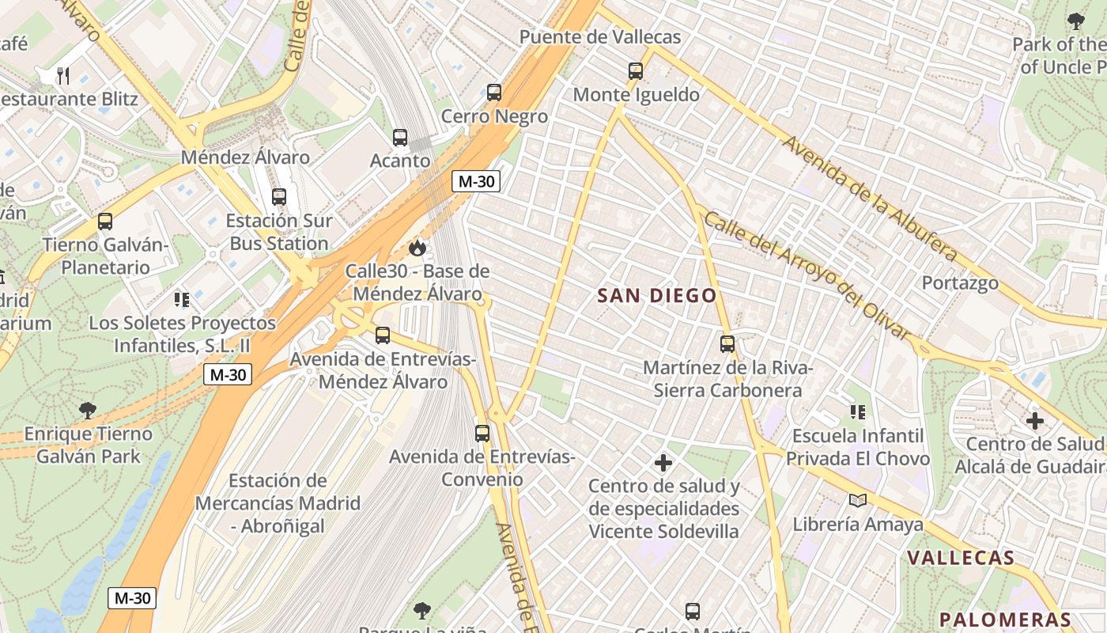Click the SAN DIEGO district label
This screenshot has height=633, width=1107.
(657, 296)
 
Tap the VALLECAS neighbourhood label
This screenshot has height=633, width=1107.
(960, 557)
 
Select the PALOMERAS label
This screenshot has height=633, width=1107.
(1005, 620)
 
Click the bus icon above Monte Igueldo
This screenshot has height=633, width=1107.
(636, 71)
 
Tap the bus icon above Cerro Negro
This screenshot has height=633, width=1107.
(494, 93)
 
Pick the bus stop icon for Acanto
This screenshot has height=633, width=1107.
(400, 138)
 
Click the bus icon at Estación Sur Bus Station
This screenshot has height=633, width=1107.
(279, 197)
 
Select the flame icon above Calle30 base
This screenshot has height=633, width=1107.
(417, 248)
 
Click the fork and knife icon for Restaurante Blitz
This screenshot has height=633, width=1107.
(64, 76)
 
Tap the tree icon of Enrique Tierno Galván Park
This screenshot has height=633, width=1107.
(88, 411)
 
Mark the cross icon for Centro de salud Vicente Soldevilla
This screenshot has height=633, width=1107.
(663, 462)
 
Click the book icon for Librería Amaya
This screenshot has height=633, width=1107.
(858, 500)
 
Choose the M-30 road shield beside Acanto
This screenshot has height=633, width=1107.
(476, 181)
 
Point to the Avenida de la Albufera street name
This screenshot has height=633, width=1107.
(870, 198)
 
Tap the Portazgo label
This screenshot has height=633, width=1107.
(960, 282)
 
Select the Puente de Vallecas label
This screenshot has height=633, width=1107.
(600, 37)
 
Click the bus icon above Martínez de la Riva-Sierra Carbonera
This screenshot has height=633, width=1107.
(727, 344)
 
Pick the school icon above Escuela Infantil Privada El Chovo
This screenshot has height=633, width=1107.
(858, 411)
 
